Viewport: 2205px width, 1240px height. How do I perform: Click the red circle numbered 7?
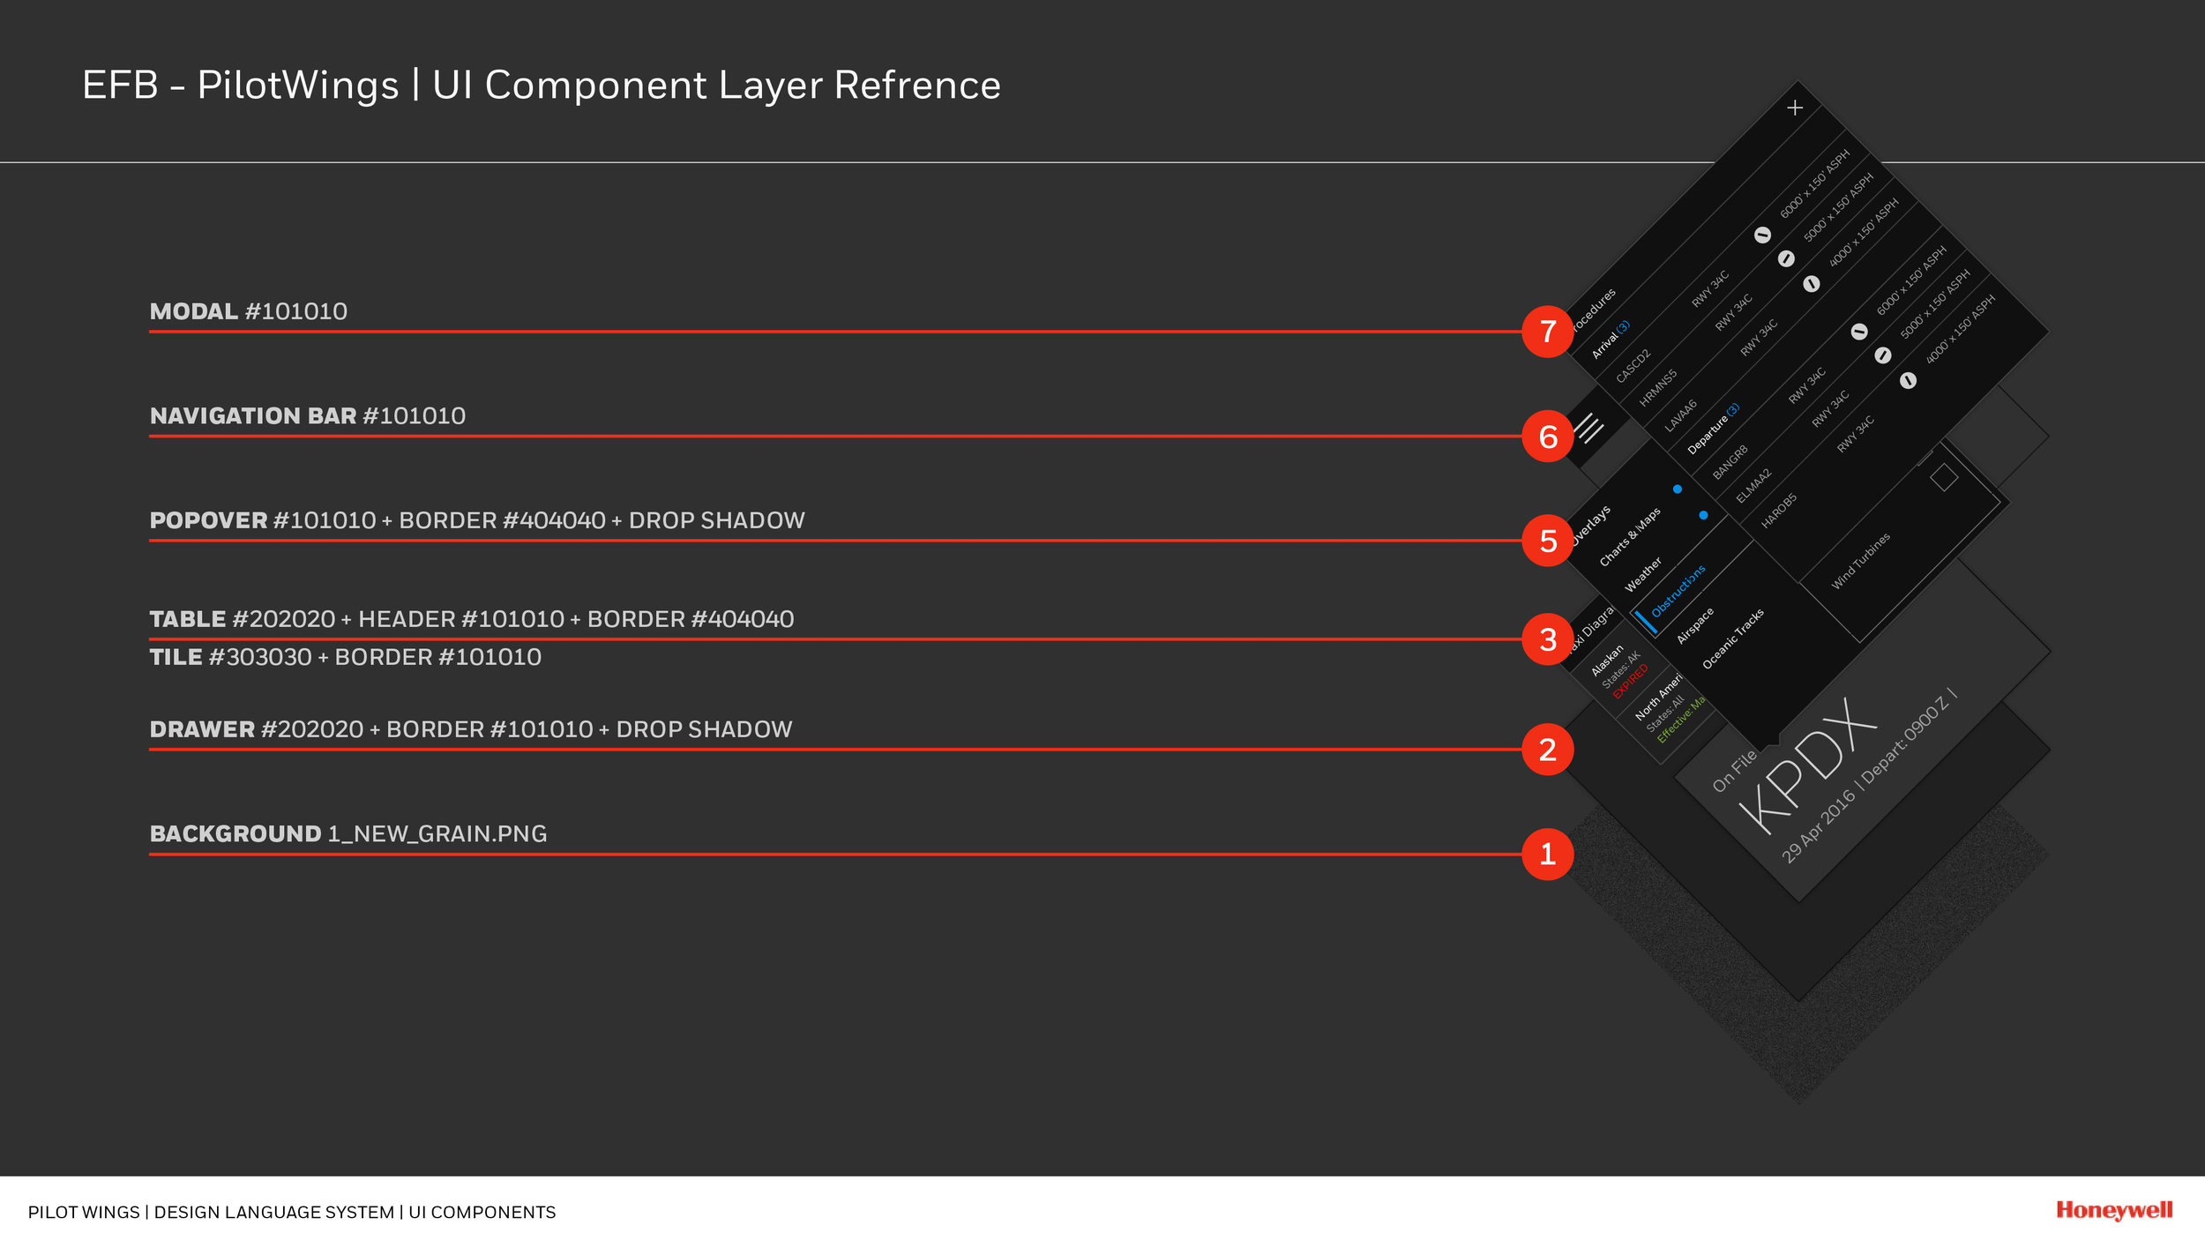[1547, 332]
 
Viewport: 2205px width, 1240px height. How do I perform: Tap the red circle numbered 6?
[1547, 436]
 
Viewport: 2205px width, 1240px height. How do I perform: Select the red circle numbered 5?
[1547, 541]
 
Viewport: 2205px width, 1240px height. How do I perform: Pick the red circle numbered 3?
[1547, 639]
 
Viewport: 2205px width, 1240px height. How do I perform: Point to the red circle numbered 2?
[1547, 750]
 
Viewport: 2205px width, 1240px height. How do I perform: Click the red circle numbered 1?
[1547, 854]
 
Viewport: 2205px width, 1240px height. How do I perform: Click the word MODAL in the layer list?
[193, 311]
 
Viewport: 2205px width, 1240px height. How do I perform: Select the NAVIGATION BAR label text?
[253, 415]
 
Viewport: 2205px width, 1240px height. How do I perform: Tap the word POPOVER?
[208, 520]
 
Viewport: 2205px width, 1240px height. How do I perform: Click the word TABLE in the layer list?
[187, 619]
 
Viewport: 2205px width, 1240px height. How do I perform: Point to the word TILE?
[176, 657]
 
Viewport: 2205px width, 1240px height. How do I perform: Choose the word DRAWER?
[202, 729]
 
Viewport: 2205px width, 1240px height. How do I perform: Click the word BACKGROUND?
[235, 833]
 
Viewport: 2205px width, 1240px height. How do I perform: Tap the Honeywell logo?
[2113, 1210]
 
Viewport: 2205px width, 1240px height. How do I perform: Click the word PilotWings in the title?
[298, 86]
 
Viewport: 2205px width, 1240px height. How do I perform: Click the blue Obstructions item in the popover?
[1678, 590]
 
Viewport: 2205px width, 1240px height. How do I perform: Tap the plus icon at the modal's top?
[1794, 108]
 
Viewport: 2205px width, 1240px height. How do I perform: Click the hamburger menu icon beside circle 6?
[1589, 429]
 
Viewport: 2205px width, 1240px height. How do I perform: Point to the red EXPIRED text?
[1630, 681]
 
